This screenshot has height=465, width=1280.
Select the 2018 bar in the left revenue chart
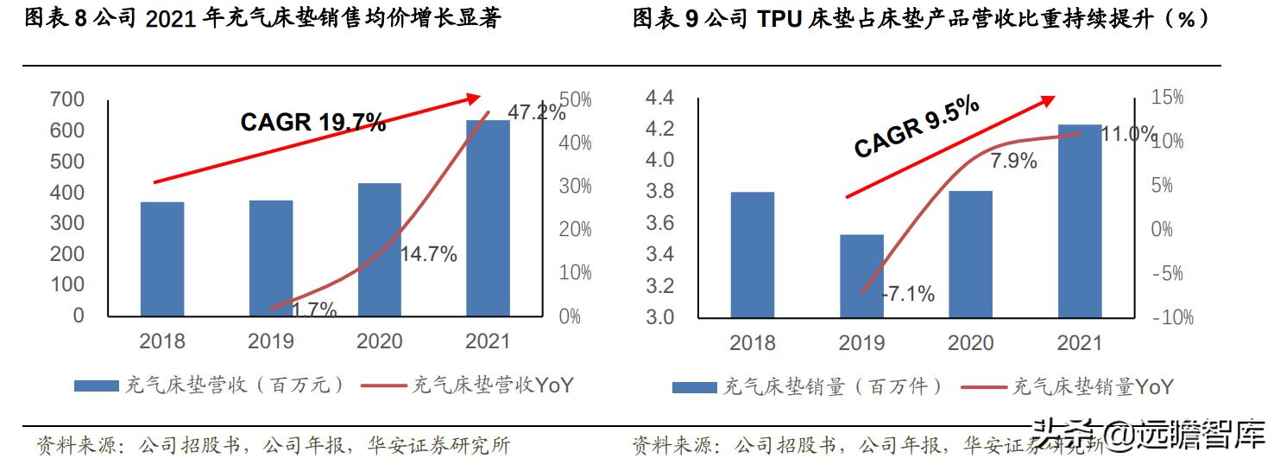pos(162,258)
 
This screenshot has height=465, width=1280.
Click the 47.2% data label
pos(536,112)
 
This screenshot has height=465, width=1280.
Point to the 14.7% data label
pos(428,254)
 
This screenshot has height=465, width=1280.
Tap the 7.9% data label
pos(1013,160)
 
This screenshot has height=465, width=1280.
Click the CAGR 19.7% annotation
pos(312,123)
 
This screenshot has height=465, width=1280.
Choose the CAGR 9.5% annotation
pos(917,127)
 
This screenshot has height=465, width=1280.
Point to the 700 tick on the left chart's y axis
pos(67,99)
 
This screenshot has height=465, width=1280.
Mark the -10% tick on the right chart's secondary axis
pos(1172,317)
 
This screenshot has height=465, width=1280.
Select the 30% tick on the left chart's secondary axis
pos(575,187)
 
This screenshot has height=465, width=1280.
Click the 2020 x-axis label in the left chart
pos(380,341)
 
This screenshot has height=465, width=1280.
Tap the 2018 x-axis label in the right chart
pos(753,343)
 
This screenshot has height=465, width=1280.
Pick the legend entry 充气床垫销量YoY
pos(1092,386)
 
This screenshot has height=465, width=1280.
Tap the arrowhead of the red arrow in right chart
pos(1048,100)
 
